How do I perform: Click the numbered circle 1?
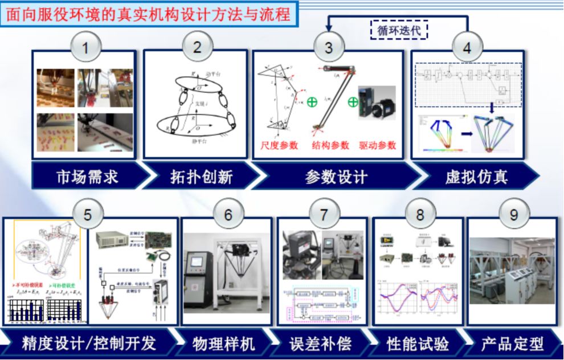[85, 47]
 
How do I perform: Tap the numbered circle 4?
[467, 47]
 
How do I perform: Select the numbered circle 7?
[324, 215]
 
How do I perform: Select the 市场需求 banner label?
[87, 177]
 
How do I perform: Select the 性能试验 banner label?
[418, 344]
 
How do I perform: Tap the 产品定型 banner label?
[512, 344]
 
